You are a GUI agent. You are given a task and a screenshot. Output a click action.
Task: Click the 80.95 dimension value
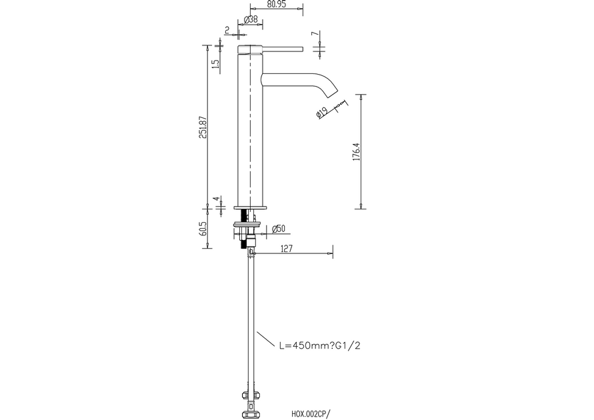click(x=276, y=4)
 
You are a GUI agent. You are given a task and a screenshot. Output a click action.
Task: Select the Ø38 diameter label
click(x=251, y=19)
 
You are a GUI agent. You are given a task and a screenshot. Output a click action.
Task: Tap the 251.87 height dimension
click(x=203, y=127)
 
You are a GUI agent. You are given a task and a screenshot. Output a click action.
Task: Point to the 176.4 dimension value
click(x=355, y=152)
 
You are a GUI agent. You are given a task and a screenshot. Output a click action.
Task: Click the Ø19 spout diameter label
click(x=321, y=113)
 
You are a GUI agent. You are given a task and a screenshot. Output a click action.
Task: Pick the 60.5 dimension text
click(x=203, y=229)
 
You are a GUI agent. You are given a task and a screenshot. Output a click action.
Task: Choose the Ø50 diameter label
click(x=279, y=229)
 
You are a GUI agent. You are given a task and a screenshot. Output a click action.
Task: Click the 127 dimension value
click(x=287, y=249)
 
